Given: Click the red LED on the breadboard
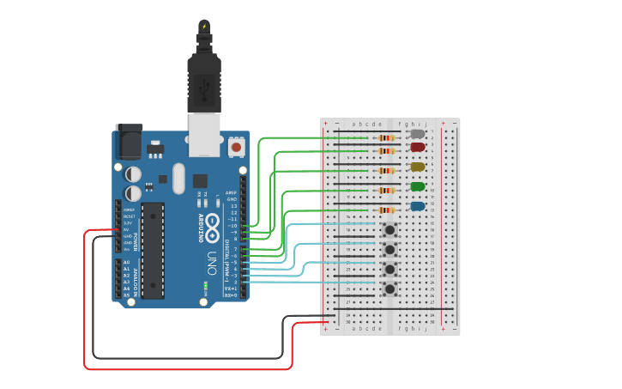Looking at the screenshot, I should [418, 147].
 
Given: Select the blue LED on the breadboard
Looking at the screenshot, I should [418, 206].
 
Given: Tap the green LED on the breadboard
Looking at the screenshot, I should [418, 186].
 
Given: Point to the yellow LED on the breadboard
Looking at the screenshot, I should [418, 167].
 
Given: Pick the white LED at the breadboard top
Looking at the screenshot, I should [418, 134].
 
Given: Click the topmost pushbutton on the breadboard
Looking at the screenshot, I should [390, 229].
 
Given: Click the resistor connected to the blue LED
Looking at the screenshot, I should [386, 210].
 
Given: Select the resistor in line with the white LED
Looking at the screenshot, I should [386, 137].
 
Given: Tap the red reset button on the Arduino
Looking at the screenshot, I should [236, 147].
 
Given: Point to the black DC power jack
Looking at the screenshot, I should [129, 142].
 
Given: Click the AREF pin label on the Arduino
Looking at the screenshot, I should [231, 192].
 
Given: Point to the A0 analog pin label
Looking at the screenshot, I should [126, 262].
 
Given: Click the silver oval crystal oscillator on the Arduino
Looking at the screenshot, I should [178, 179].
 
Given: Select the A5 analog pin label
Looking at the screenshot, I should [126, 295].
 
